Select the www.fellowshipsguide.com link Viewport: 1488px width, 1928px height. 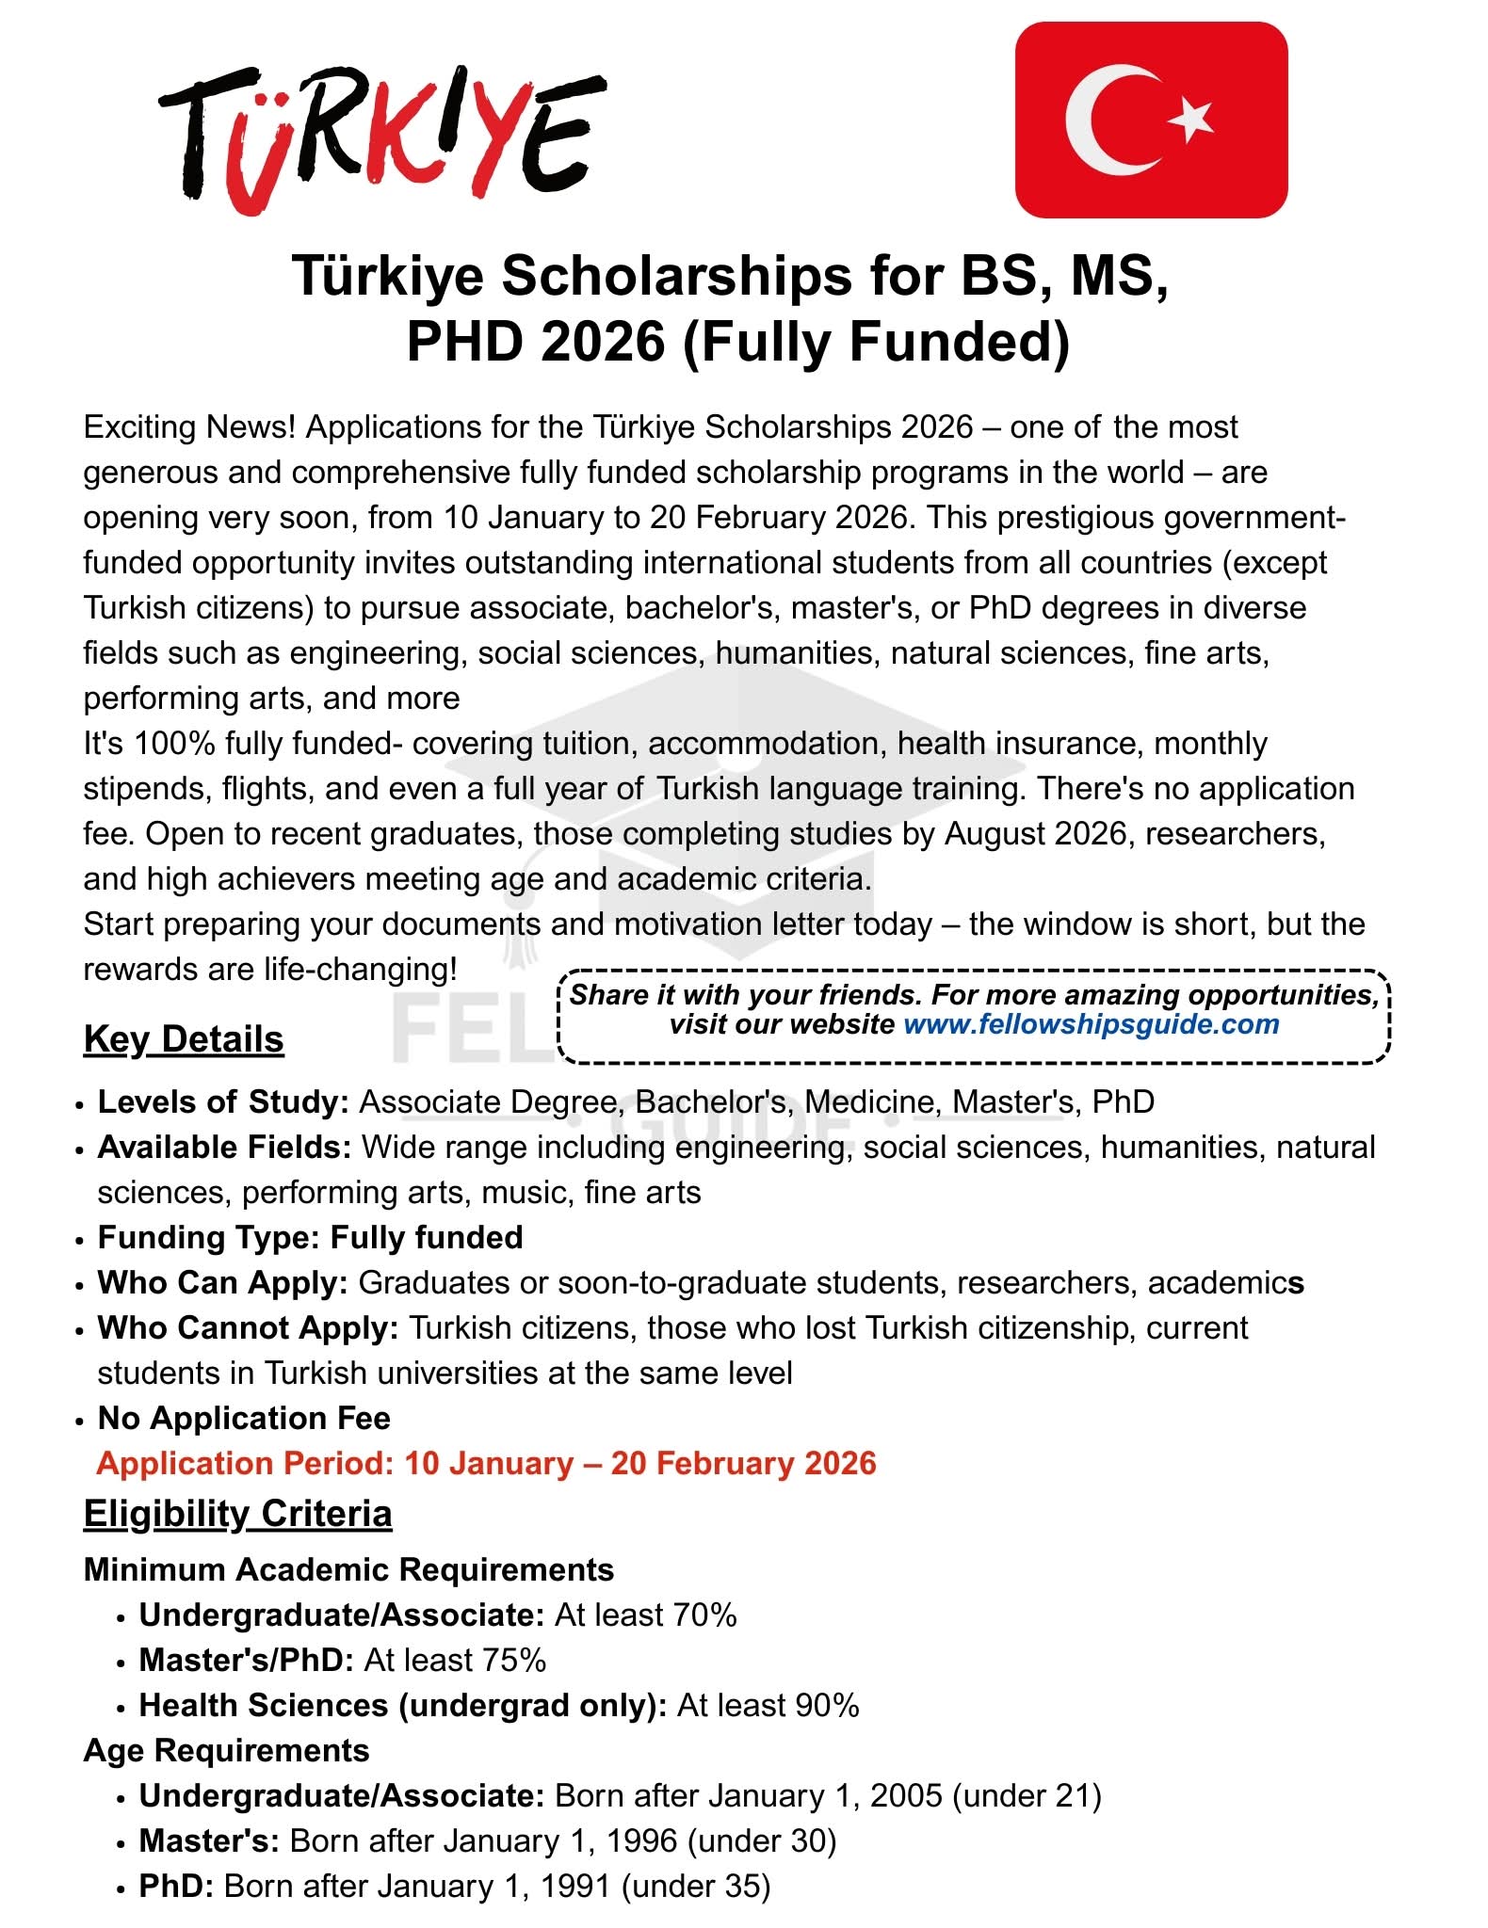pos(1091,1024)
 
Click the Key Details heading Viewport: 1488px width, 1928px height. pos(184,1039)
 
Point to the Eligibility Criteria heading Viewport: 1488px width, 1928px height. pos(237,1514)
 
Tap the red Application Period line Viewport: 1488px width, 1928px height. pos(486,1464)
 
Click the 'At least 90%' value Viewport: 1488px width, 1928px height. pos(768,1706)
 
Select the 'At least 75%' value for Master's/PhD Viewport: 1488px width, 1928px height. pos(455,1660)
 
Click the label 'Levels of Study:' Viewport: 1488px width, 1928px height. pos(223,1101)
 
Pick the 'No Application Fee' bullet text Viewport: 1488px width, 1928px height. pos(244,1418)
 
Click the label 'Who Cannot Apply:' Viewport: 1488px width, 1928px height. pos(248,1327)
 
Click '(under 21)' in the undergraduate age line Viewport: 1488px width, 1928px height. pos(1027,1796)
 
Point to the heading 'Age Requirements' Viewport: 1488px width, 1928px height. pos(226,1750)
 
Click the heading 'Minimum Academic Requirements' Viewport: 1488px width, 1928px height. pos(348,1569)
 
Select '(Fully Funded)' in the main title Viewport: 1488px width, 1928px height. pos(876,342)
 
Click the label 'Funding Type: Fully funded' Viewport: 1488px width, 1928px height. pos(310,1237)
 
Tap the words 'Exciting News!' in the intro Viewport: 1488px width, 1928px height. pos(189,427)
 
